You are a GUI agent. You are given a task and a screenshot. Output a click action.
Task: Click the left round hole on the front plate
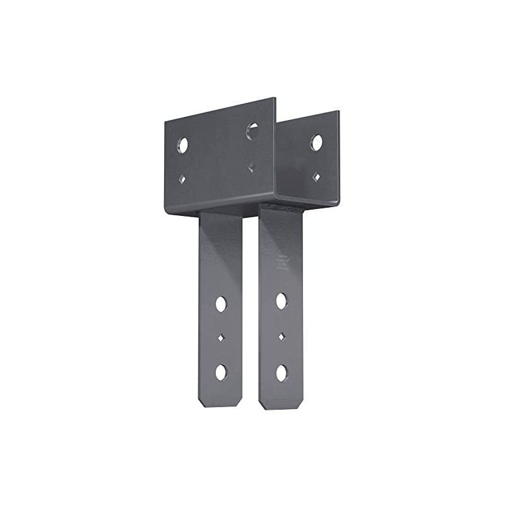tap(183, 145)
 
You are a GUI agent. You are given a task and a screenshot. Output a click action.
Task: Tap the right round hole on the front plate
tap(252, 131)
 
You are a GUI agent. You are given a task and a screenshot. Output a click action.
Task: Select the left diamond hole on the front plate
tap(182, 179)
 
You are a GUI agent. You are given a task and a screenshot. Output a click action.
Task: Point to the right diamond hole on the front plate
tap(252, 167)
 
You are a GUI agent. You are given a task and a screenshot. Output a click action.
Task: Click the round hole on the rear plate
tap(316, 143)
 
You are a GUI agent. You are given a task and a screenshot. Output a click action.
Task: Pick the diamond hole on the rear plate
tap(316, 176)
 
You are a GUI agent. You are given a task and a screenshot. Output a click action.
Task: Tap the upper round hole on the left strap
tap(221, 304)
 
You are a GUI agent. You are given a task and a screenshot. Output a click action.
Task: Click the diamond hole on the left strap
tap(221, 338)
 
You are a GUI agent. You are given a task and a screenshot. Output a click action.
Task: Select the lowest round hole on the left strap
tap(221, 372)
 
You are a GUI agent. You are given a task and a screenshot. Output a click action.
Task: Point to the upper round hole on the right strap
tap(282, 301)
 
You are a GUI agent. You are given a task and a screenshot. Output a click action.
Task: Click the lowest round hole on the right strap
tap(282, 372)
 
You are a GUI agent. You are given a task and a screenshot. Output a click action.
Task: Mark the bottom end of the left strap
tap(221, 406)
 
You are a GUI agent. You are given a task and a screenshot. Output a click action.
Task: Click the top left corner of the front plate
tap(166, 122)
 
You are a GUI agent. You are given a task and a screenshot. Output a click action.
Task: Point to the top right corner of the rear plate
tap(339, 112)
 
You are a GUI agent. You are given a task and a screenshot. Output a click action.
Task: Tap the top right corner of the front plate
tap(275, 98)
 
